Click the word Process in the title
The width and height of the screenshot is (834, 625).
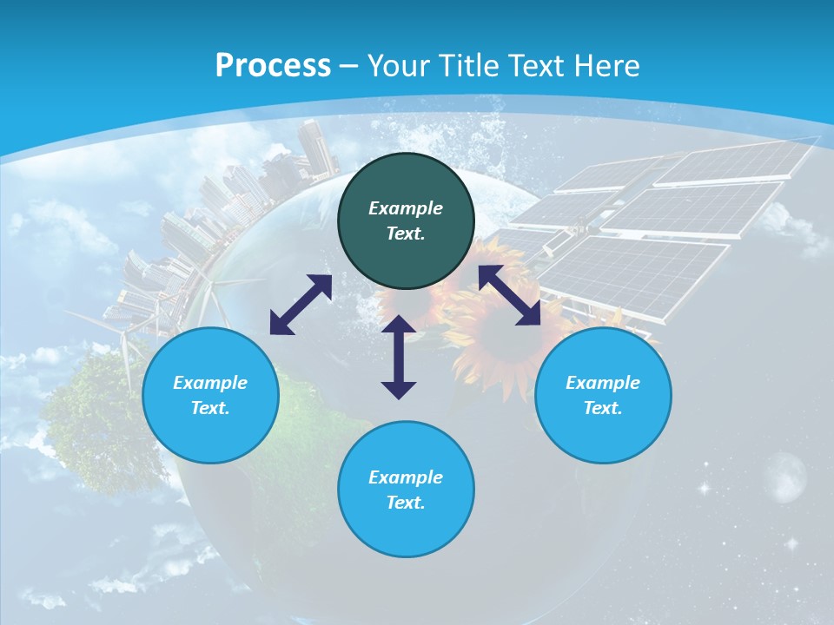273,66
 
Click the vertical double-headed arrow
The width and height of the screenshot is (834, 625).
399,357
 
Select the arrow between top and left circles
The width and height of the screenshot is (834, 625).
301,305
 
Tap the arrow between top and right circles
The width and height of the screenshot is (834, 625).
509,295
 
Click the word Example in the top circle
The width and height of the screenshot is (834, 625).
406,208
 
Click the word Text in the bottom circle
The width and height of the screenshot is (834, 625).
405,503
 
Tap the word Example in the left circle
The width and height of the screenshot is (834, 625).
210,383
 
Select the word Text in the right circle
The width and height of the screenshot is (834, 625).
602,408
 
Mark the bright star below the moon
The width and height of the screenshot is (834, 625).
791,544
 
